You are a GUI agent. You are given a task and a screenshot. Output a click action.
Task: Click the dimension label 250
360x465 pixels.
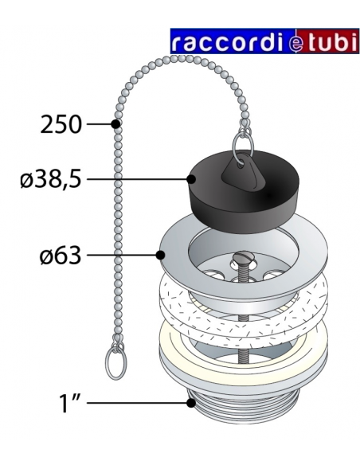pyautogui.click(x=61, y=124)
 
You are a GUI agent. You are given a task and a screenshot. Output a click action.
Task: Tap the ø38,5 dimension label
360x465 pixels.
pyautogui.click(x=51, y=178)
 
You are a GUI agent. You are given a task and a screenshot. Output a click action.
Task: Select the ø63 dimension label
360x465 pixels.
pyautogui.click(x=61, y=255)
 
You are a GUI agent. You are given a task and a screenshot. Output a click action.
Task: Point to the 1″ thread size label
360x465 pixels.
pyautogui.click(x=70, y=403)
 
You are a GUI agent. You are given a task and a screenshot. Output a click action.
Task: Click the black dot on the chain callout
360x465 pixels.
pyautogui.click(x=115, y=124)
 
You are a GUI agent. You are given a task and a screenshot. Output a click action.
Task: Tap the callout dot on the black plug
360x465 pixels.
pyautogui.click(x=191, y=179)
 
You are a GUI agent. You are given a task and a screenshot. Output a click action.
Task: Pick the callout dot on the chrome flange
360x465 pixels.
pyautogui.click(x=160, y=255)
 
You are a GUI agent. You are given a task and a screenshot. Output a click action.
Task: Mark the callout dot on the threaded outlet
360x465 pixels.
pyautogui.click(x=191, y=403)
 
